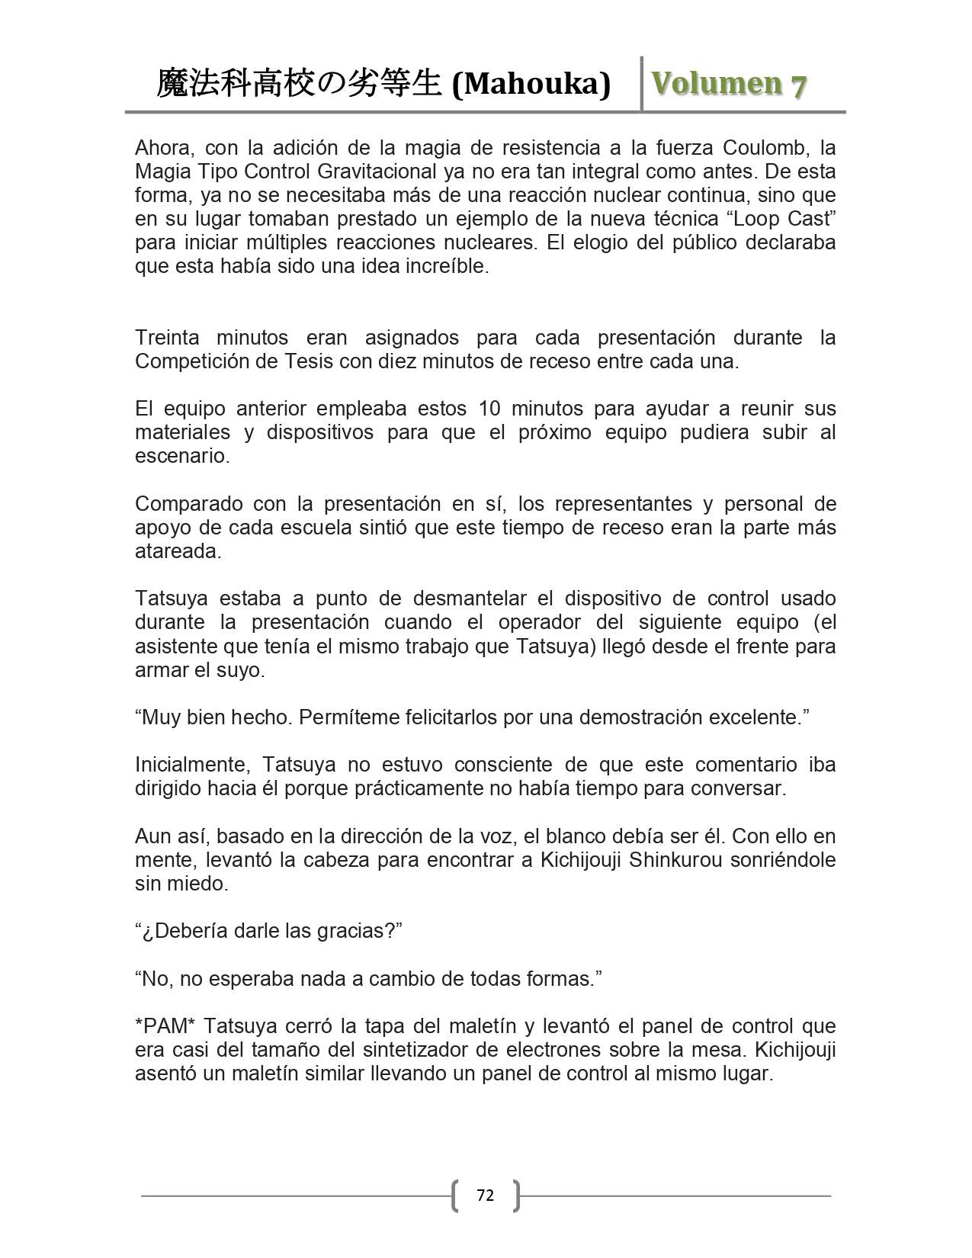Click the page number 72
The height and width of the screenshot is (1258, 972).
click(485, 1195)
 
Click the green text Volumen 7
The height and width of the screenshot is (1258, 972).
click(728, 84)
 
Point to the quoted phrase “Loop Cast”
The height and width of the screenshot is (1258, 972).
click(781, 219)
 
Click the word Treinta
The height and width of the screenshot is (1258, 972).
click(167, 338)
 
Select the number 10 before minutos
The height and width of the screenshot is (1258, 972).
click(489, 409)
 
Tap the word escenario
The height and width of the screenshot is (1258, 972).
click(181, 456)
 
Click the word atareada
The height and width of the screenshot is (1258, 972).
click(178, 551)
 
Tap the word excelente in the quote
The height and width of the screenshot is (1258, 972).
click(758, 717)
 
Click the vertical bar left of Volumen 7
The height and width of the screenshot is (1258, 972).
click(642, 83)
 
